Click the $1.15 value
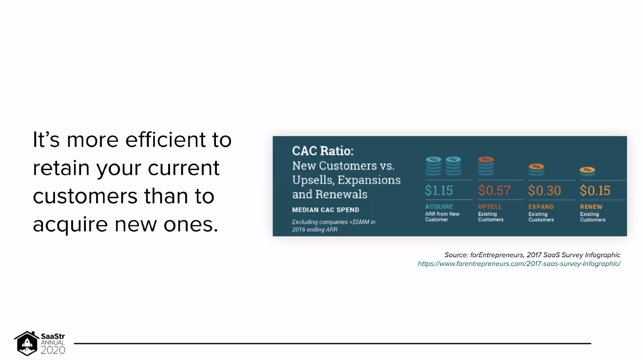pos(439,190)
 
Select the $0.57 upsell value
pos(494,190)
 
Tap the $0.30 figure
pos(544,191)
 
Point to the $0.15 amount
pos(595,191)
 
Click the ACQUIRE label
pos(439,207)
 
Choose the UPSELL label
pos(490,207)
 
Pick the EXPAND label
pos(541,207)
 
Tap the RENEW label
pos(591,207)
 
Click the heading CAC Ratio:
pos(323,151)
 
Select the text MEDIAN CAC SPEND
pos(326,210)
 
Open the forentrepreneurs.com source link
pos(519,263)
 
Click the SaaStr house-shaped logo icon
pos(27,343)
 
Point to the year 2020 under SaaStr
pos(53,350)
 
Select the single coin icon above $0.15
pos(587,171)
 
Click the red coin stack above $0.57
pos(486,166)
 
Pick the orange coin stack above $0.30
pos(536,169)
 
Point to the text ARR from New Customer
pos(442,217)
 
